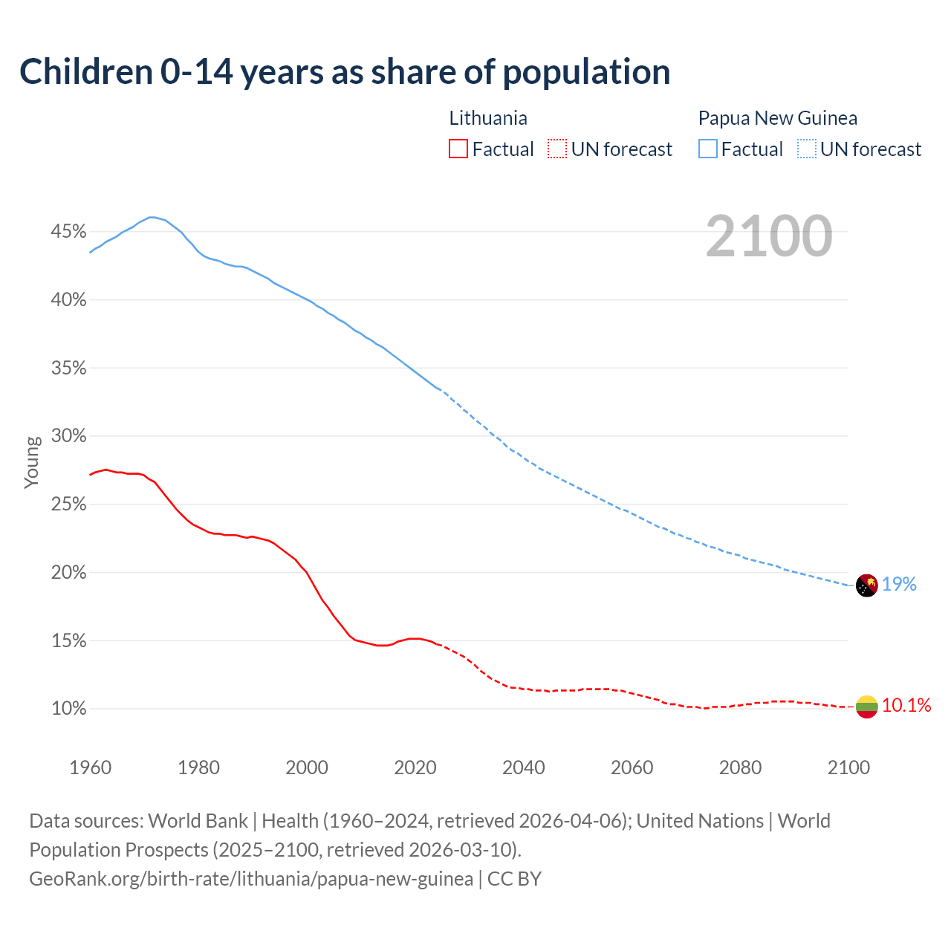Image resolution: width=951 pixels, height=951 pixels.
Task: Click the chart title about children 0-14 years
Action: (345, 72)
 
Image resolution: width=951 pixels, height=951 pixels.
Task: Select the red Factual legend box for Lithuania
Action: (458, 149)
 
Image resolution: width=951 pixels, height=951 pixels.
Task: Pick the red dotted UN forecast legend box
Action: (557, 149)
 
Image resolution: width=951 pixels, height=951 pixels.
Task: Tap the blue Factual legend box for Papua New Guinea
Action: (708, 149)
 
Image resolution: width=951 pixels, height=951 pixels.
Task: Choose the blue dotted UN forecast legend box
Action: (807, 149)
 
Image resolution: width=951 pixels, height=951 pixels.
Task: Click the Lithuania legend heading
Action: (488, 118)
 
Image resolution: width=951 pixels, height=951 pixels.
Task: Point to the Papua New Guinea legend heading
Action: (777, 118)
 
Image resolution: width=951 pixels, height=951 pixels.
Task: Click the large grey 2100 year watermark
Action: (768, 236)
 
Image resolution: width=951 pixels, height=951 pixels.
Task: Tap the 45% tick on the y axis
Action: (68, 232)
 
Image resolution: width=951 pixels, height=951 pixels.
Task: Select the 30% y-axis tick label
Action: (68, 436)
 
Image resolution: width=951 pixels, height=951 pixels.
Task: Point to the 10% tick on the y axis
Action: (68, 709)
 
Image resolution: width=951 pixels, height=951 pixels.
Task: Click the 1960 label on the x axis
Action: (90, 767)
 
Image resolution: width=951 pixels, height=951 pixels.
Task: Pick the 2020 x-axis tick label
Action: (415, 767)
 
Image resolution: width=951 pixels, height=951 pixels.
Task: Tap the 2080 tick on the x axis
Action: (740, 767)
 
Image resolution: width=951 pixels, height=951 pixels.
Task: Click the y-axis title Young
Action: (32, 462)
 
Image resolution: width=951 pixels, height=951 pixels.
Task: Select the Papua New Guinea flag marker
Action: (867, 585)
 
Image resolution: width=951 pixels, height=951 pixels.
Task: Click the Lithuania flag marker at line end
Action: (867, 707)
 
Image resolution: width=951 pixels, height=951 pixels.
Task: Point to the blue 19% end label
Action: (899, 585)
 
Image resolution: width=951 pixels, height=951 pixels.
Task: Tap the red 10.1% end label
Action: (906, 706)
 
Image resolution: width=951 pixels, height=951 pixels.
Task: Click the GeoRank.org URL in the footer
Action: (251, 879)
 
